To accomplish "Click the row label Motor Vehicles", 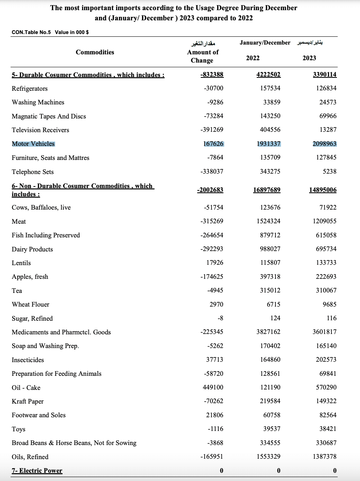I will click(x=33, y=144).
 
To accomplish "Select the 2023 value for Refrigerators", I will click(x=326, y=88).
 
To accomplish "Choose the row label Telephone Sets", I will click(x=33, y=172).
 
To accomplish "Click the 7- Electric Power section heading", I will click(x=37, y=470).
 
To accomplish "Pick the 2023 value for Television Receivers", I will click(x=328, y=130).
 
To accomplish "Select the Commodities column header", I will click(x=95, y=52).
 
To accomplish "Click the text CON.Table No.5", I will click(x=32, y=32).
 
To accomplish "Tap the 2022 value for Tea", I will click(x=270, y=291).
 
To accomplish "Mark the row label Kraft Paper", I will click(x=28, y=401).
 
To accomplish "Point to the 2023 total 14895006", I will click(x=323, y=190).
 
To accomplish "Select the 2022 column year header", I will click(x=253, y=58).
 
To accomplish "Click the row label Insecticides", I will click(x=28, y=360).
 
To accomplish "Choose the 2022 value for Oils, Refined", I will click(x=268, y=457).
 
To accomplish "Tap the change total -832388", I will click(x=212, y=75).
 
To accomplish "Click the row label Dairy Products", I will click(x=32, y=249).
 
